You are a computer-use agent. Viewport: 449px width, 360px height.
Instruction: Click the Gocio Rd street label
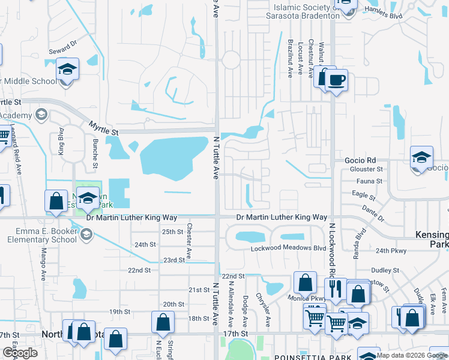(x=360, y=160)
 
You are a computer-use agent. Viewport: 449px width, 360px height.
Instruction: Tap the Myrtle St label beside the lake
(x=104, y=127)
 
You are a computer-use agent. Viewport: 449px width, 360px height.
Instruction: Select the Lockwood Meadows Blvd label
(x=281, y=248)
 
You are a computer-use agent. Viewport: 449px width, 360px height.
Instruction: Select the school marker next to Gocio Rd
(x=421, y=157)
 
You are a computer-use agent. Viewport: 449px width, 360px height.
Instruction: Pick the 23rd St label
(x=174, y=260)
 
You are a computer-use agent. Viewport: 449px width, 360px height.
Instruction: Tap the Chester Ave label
(x=189, y=241)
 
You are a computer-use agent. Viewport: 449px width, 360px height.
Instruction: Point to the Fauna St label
(x=370, y=181)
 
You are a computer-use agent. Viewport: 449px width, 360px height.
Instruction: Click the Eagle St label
(x=364, y=196)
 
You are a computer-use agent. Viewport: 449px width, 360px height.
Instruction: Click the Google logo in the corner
(x=20, y=353)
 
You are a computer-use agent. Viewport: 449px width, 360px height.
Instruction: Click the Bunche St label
(x=95, y=153)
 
